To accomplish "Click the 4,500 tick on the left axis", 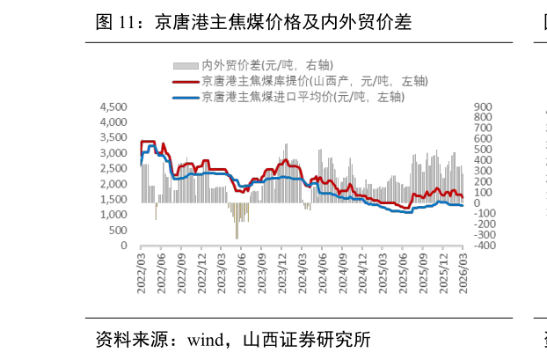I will pyautogui.click(x=114, y=107).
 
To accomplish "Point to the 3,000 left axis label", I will pyautogui.click(x=114, y=153).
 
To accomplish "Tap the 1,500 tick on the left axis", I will pyautogui.click(x=114, y=200).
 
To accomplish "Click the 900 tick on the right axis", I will pyautogui.click(x=485, y=107).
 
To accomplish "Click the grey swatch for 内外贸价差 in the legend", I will pyautogui.click(x=185, y=66).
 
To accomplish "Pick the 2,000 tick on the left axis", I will pyautogui.click(x=114, y=184).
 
